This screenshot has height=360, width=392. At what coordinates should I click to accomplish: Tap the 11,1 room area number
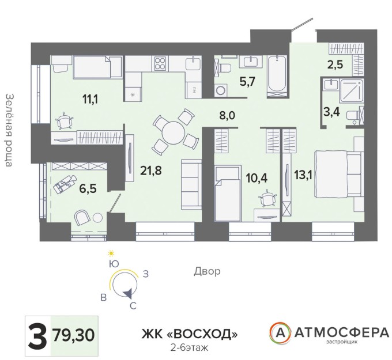click(90, 99)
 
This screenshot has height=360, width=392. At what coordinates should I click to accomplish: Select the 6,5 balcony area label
click(88, 188)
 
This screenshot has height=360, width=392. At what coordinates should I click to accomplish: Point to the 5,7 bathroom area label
click(247, 81)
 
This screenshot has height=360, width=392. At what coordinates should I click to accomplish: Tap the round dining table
click(174, 132)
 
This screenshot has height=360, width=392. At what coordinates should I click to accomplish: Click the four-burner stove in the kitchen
click(160, 63)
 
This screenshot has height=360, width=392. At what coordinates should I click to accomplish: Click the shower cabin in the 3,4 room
click(351, 91)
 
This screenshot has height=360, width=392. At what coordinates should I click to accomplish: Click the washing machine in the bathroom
click(221, 90)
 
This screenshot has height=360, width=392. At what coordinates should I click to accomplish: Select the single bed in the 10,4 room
click(228, 193)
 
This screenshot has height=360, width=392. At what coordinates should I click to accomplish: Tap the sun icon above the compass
click(111, 254)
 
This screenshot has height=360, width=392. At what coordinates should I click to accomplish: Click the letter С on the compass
click(133, 305)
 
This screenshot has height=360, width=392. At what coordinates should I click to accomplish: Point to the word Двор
click(208, 271)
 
